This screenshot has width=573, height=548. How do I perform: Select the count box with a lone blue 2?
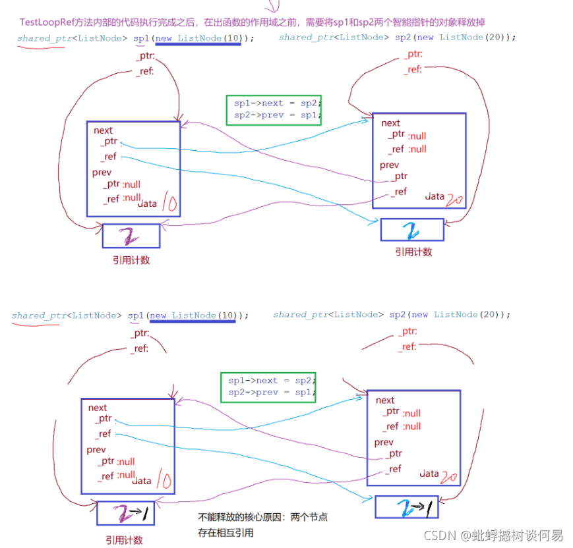click(x=412, y=230)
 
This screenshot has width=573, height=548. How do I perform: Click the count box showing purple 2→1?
click(x=125, y=513)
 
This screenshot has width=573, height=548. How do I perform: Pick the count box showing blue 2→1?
click(x=407, y=507)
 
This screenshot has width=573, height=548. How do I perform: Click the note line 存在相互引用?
click(x=226, y=533)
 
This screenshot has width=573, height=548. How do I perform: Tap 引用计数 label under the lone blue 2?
click(x=413, y=252)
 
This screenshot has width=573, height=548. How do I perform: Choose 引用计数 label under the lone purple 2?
click(x=131, y=260)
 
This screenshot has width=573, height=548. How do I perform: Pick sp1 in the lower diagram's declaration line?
click(x=136, y=315)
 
